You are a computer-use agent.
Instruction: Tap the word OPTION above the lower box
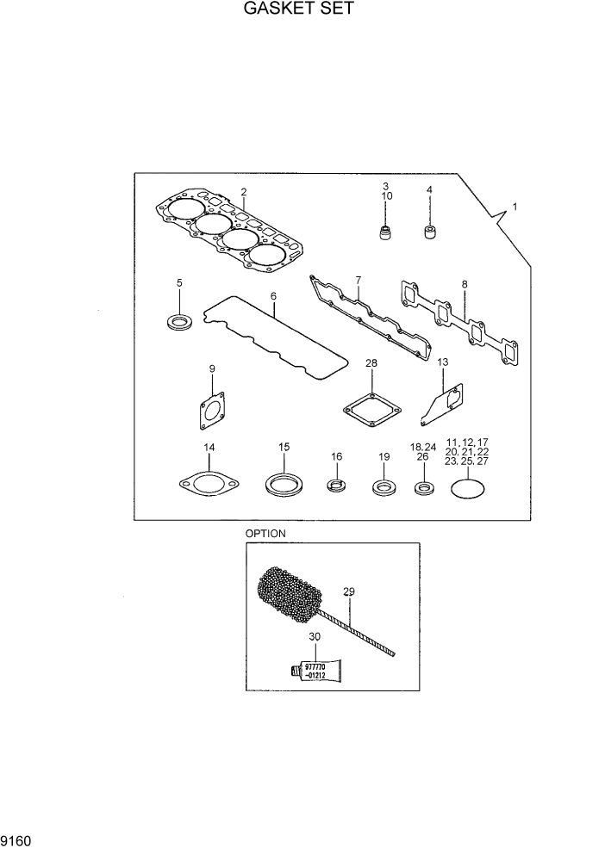click(265, 534)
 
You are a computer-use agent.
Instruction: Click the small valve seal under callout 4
click(429, 232)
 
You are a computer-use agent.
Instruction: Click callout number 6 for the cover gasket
click(273, 296)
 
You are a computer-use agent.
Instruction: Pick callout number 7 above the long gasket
click(358, 282)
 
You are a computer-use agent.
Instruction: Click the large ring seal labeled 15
click(283, 485)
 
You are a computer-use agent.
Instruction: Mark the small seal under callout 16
click(337, 488)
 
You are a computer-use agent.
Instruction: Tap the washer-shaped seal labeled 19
click(383, 490)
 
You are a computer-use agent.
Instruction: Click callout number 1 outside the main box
click(515, 207)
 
